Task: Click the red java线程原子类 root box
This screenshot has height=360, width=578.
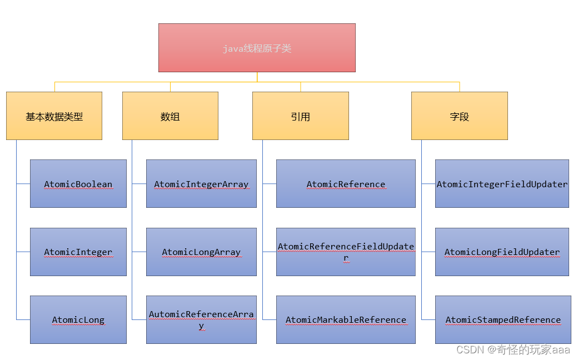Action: pos(257,48)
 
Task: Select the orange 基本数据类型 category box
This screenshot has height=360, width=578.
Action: pos(54,116)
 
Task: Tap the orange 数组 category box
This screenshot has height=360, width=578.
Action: pos(170,116)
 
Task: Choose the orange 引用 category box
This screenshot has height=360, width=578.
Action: pos(300,116)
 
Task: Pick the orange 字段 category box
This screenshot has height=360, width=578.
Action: pos(459,116)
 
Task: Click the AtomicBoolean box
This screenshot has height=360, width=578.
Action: pos(78,184)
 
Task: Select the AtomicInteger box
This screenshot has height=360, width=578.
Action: pos(78,252)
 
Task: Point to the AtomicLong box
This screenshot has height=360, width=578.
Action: pos(78,319)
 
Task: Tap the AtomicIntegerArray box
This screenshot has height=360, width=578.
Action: pos(201,184)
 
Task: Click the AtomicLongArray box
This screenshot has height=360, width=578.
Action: pos(201,252)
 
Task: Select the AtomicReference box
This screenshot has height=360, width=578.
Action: pos(346,184)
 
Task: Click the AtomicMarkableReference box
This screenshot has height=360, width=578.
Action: pos(346,319)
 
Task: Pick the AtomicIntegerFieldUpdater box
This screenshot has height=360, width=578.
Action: pos(502,184)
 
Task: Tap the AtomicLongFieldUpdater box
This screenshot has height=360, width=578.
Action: pos(502,252)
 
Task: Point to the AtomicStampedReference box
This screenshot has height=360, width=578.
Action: pos(503,319)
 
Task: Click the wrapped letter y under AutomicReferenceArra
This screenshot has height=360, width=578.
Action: pos(201,326)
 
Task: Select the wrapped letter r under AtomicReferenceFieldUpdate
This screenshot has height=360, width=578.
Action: pos(346,258)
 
